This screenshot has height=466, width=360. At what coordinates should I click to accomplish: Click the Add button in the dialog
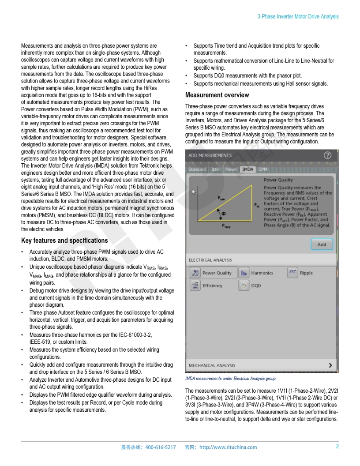[x=322, y=244]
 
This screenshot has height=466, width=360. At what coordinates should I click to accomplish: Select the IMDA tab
[x=247, y=169]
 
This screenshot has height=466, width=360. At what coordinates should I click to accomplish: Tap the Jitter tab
[x=216, y=169]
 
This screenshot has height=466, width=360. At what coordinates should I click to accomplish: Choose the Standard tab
[x=197, y=169]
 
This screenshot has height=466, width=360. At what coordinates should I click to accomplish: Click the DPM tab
[x=262, y=169]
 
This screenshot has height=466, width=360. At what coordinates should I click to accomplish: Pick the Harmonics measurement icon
[x=244, y=273]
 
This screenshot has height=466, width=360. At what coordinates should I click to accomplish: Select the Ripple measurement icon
[x=292, y=273]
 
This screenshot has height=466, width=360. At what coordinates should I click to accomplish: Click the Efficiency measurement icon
[x=195, y=286]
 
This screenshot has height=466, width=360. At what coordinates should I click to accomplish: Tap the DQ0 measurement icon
[x=244, y=286]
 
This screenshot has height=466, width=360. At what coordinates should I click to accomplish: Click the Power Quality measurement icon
[x=195, y=273]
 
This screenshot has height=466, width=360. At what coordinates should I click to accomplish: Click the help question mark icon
[x=327, y=155]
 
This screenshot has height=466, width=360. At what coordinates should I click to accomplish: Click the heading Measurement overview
[x=217, y=95]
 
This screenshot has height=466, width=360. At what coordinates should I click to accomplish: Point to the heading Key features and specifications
[x=64, y=241]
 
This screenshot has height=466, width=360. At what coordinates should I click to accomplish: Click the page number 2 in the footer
[x=337, y=446]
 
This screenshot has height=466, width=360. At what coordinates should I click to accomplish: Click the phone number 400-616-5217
[x=160, y=447]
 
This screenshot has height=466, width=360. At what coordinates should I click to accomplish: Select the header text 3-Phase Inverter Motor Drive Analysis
[x=298, y=17]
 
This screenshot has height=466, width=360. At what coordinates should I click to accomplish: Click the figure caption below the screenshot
[x=230, y=379]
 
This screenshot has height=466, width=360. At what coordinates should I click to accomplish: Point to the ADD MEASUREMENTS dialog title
[x=210, y=155]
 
